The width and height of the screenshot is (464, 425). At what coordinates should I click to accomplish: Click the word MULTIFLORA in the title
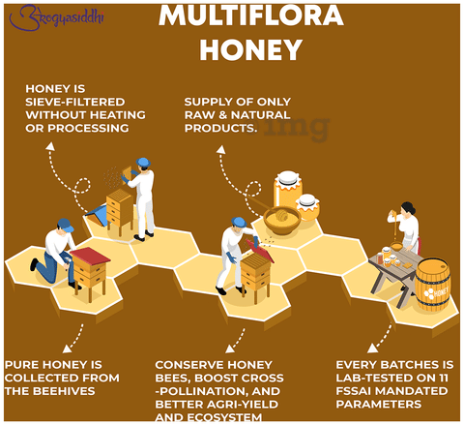(251, 15)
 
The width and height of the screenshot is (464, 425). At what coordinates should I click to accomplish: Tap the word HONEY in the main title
(251, 50)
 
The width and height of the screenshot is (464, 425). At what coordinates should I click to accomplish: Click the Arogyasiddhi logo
(57, 17)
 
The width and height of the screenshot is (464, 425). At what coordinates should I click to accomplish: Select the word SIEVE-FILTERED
(75, 102)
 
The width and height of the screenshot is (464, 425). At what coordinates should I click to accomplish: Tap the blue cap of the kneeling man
(66, 225)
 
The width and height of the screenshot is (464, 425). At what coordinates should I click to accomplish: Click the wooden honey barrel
(433, 284)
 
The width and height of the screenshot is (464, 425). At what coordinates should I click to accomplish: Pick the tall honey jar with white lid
(288, 190)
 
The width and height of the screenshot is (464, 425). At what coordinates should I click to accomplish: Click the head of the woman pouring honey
(408, 208)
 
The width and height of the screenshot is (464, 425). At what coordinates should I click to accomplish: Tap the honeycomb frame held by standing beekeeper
(127, 174)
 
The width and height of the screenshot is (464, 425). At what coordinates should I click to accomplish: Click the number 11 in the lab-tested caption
(442, 378)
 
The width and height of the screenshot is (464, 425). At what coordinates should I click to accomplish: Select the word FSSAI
(354, 391)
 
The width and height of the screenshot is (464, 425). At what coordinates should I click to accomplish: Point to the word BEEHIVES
(64, 391)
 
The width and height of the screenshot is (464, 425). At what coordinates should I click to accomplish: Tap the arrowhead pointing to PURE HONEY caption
(67, 349)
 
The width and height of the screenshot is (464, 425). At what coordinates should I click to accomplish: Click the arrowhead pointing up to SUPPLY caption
(221, 149)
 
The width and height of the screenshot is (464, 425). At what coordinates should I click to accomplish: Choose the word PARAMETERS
(379, 405)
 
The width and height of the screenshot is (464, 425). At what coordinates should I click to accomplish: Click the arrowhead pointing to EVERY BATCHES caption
(372, 349)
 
